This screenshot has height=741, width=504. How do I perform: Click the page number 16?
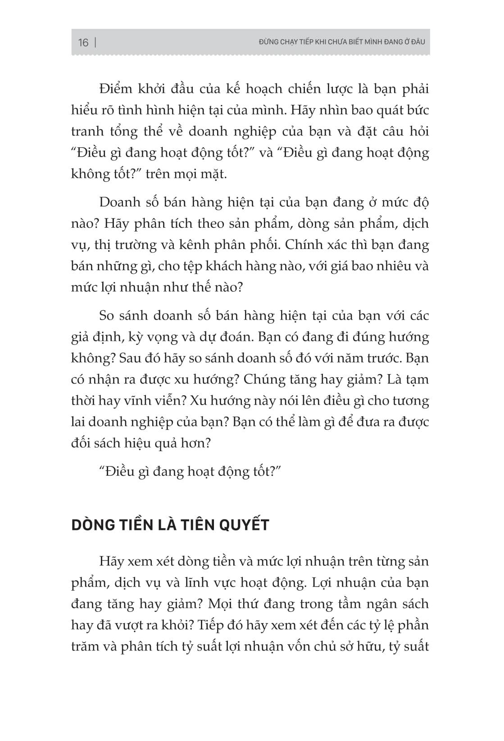click(83, 43)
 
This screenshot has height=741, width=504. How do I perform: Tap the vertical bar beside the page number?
click(96, 43)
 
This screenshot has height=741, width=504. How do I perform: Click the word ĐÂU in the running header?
click(418, 42)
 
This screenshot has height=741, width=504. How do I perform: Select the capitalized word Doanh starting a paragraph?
click(120, 203)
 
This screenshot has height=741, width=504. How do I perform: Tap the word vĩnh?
click(130, 401)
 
